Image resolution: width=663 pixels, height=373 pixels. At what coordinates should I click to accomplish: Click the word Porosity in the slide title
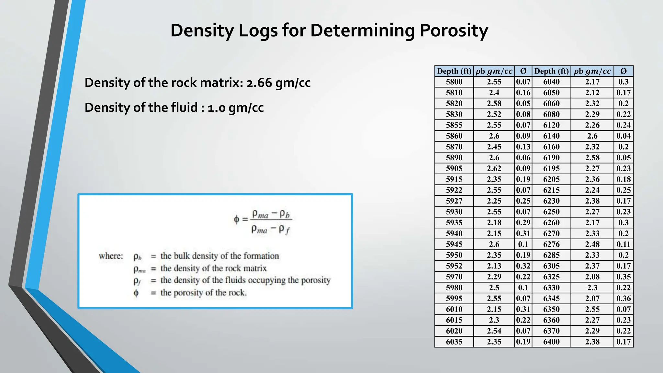(454, 31)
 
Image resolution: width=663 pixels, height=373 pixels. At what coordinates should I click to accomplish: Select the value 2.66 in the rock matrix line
(259, 83)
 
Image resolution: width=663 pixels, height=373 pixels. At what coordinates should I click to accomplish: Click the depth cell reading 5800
(454, 82)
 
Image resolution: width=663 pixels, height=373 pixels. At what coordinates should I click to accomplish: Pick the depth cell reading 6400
(551, 342)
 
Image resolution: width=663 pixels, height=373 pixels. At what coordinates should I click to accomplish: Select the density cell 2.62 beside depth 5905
(494, 169)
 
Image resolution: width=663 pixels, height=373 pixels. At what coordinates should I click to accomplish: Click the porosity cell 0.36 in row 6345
(623, 299)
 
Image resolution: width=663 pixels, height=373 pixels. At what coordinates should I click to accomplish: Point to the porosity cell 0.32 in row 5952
(523, 266)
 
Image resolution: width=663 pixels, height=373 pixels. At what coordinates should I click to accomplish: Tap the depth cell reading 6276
(551, 244)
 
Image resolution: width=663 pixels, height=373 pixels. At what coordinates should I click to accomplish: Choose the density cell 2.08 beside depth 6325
(592, 277)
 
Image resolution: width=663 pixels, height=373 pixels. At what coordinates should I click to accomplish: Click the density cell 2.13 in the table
(494, 266)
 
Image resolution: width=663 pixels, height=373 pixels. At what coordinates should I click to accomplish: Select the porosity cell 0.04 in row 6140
(623, 136)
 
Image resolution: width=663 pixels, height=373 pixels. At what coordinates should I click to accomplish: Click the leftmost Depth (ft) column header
(454, 71)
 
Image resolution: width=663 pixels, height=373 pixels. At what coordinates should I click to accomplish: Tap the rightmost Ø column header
(623, 71)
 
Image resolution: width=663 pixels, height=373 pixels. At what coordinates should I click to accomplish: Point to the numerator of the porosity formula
(271, 214)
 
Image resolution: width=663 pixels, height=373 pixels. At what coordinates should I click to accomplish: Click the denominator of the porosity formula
(271, 230)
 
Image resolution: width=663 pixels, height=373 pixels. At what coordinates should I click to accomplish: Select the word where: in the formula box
(111, 256)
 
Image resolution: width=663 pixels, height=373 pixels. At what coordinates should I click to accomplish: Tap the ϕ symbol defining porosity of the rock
(136, 293)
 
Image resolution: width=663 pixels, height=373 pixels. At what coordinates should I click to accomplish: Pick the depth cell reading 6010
(454, 310)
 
